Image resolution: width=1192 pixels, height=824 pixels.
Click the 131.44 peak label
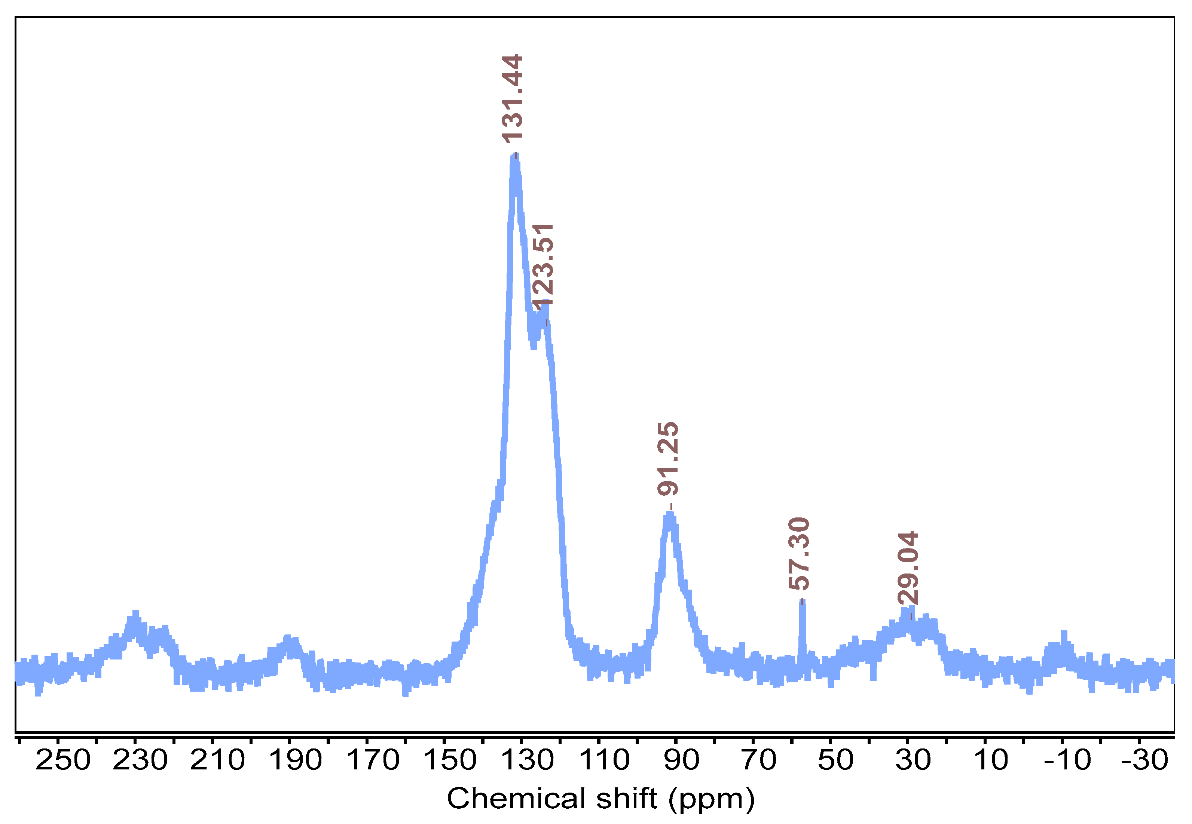pyautogui.click(x=512, y=98)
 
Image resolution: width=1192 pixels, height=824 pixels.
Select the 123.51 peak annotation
pyautogui.click(x=542, y=265)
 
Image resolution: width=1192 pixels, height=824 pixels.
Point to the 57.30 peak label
pyautogui.click(x=799, y=553)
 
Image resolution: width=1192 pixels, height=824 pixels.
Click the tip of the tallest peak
pyautogui.click(x=514, y=157)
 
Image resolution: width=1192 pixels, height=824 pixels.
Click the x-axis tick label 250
pyautogui.click(x=62, y=759)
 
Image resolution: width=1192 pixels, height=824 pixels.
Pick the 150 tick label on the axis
pyautogui.click(x=449, y=759)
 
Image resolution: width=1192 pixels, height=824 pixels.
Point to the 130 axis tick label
pyautogui.click(x=527, y=759)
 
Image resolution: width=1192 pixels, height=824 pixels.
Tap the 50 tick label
pyautogui.click(x=835, y=759)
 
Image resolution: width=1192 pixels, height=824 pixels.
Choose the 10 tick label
pyautogui.click(x=990, y=759)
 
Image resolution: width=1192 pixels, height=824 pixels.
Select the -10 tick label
pyautogui.click(x=1067, y=759)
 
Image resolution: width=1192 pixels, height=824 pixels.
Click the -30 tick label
pyautogui.click(x=1144, y=759)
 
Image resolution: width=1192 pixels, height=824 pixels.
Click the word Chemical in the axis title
pyautogui.click(x=516, y=799)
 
